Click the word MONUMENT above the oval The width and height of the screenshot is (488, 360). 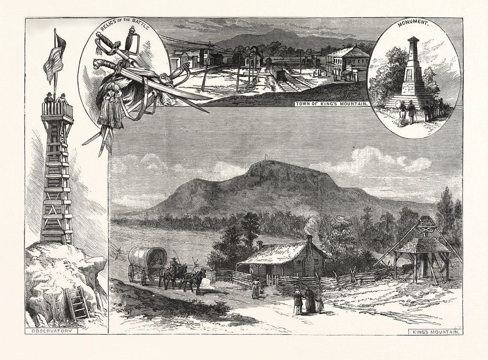click(x=413, y=23)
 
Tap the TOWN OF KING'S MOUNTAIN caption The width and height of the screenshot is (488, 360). click(x=332, y=103)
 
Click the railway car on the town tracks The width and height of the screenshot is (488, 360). click(x=277, y=73)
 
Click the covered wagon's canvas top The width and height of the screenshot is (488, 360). click(x=148, y=257)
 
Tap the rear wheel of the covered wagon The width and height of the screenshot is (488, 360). click(x=131, y=273)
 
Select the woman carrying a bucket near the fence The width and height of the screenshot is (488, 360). click(x=256, y=288)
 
